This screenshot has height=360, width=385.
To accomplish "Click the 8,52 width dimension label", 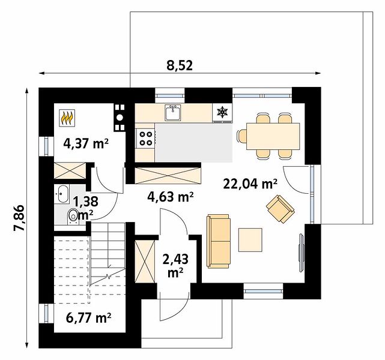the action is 180,65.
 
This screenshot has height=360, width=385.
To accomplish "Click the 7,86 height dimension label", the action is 19,218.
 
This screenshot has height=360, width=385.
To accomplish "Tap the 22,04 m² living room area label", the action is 250,184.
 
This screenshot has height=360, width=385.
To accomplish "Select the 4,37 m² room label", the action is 86,143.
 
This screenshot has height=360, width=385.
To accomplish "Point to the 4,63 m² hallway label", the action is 171,196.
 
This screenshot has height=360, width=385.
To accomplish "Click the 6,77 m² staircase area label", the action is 89,318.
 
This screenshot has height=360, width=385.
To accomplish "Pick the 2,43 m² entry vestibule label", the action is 175,266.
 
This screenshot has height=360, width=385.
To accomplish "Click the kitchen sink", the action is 173,112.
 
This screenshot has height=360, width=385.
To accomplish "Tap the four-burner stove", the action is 145,139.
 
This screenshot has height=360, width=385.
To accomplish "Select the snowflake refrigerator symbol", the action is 222,112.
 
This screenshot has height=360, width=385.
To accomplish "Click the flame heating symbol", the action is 67,118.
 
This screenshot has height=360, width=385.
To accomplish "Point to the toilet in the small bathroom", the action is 73,216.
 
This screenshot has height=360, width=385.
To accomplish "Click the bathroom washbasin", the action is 61,194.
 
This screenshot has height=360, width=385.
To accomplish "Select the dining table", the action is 273,136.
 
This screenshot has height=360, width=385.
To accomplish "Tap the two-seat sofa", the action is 219,241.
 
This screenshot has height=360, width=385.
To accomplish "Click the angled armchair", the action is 280,209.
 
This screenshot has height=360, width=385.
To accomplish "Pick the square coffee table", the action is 250,239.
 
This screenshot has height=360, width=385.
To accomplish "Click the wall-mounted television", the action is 302,253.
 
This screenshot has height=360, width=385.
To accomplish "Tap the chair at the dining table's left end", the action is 242,136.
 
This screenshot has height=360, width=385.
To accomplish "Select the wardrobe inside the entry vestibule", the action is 145,261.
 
